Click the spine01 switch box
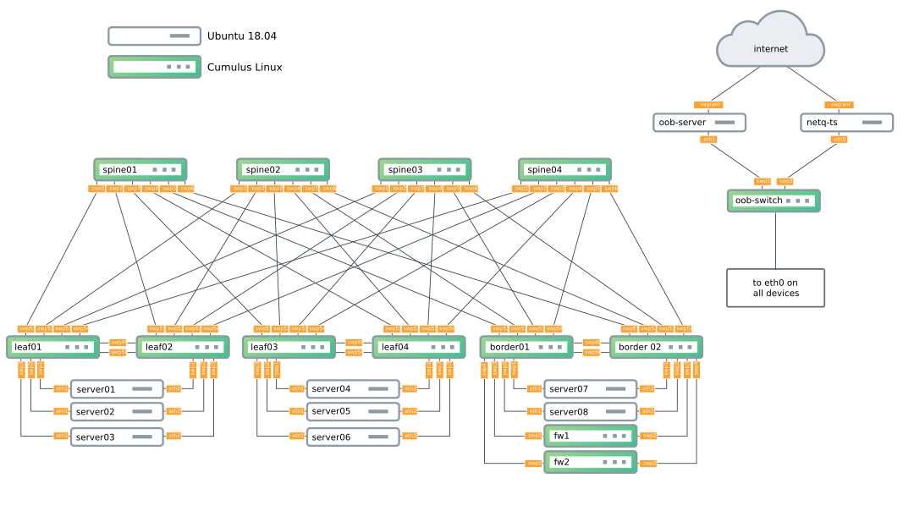click(x=140, y=170)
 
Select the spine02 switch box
click(x=284, y=170)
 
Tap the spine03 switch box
click(x=425, y=170)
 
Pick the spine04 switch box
click(x=565, y=170)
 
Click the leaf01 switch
click(x=53, y=347)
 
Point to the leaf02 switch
click(x=183, y=347)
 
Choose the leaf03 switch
click(x=289, y=347)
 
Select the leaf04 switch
click(x=419, y=347)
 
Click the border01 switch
click(x=526, y=347)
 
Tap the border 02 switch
click(x=657, y=347)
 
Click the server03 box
click(x=117, y=437)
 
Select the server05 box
click(x=353, y=412)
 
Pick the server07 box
click(x=590, y=389)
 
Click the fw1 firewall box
click(x=591, y=437)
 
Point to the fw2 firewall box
click(x=591, y=462)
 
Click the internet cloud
click(x=770, y=42)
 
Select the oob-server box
click(x=700, y=123)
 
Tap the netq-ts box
click(x=846, y=123)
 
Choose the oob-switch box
click(x=774, y=201)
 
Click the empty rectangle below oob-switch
click(x=775, y=288)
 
